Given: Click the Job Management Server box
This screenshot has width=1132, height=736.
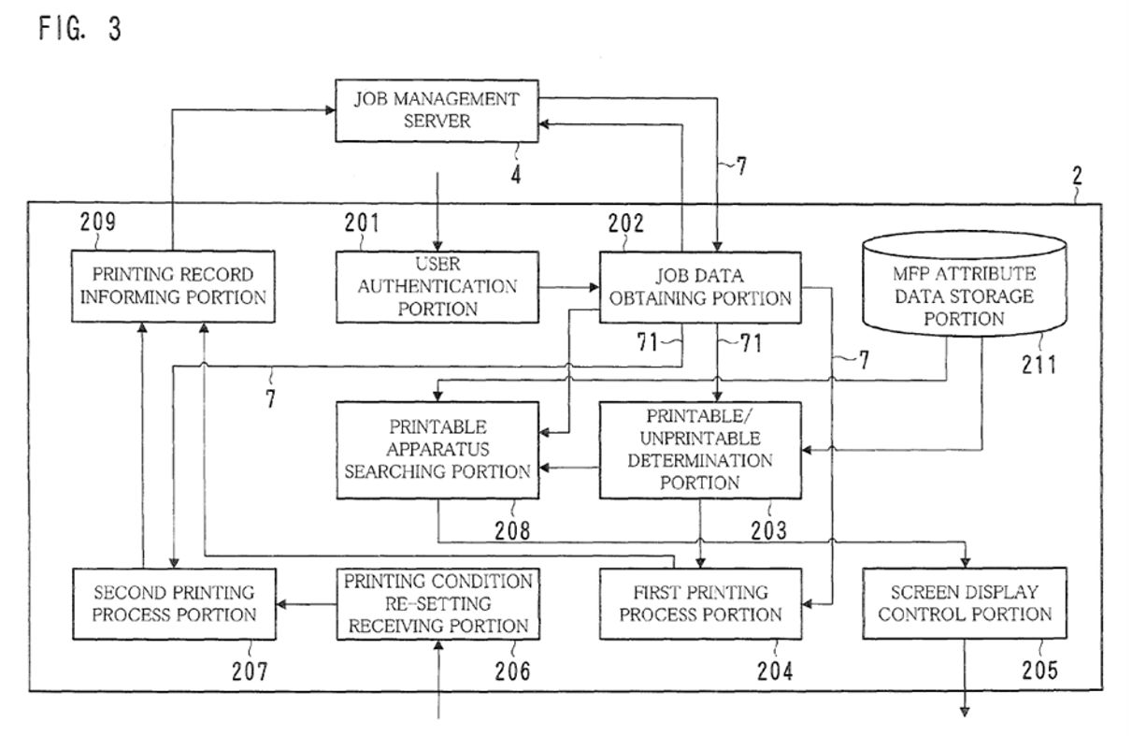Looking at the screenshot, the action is tap(437, 110).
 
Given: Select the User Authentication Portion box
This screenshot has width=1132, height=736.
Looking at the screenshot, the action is tap(437, 287).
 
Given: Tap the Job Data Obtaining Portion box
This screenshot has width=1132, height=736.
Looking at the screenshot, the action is tap(700, 288).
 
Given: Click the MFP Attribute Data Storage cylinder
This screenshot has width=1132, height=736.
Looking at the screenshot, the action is tap(965, 284).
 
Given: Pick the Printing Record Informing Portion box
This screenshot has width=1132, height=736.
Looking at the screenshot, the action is tap(173, 286).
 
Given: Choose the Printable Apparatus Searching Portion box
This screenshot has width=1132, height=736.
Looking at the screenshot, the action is tap(437, 451).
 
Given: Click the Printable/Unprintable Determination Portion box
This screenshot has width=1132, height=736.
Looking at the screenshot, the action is tap(700, 451).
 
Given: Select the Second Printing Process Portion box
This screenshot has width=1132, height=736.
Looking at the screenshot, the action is tap(175, 604).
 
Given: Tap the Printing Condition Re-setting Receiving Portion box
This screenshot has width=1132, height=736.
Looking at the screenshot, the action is tap(438, 604).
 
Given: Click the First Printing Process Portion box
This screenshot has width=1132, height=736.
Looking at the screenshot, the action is tap(700, 604).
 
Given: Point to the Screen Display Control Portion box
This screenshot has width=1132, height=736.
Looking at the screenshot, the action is tap(965, 603).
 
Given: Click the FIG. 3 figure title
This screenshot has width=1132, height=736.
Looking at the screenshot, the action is tap(80, 28).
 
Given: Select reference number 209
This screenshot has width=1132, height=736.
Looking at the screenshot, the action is tap(98, 222).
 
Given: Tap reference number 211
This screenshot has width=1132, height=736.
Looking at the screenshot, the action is tap(1039, 365).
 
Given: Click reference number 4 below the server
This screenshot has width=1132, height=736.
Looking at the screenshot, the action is tap(515, 175).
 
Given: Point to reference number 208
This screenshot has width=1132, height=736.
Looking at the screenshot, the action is tap(512, 531).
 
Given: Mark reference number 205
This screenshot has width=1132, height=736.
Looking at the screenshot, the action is tap(1039, 671).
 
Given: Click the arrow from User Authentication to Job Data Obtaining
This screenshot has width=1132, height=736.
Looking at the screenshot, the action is tap(569, 288).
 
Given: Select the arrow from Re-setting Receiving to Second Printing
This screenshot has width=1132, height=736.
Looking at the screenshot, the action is tap(307, 604).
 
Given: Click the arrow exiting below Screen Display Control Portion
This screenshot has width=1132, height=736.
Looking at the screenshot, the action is tap(965, 678).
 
